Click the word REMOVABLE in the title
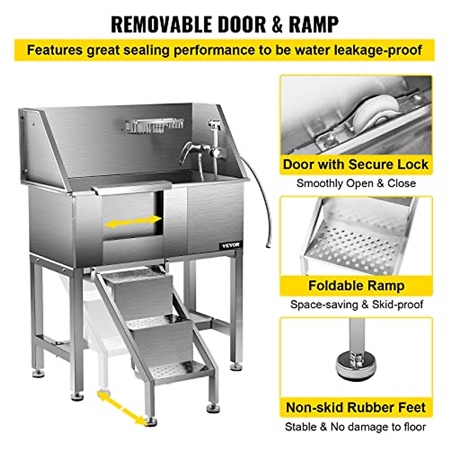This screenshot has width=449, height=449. point(161,24)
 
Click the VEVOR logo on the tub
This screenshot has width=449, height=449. point(230,245)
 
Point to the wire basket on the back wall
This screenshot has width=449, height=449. point(155,125)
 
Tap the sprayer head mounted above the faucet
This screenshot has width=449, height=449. point(214,124)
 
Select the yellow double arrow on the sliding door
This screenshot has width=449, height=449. point(133,222)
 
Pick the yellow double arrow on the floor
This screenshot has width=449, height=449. point(122,407)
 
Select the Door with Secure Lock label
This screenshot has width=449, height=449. point(355,165)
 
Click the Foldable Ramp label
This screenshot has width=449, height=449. point(356,286)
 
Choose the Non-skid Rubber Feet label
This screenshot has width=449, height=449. point(356,407)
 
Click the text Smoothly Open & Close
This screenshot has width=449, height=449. point(356,183)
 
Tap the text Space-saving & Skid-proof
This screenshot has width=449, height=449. point(356,304)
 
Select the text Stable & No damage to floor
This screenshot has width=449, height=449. point(355,427)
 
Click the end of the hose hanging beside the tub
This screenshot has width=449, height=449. point(267,245)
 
